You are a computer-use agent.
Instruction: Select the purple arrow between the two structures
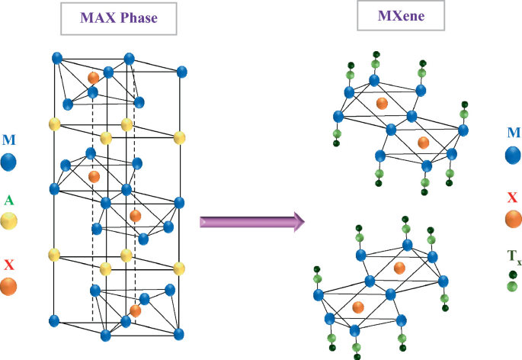(251, 222)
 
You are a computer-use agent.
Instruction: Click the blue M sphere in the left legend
(9, 162)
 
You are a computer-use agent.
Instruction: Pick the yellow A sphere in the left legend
(9, 221)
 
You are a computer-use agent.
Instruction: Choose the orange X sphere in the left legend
(9, 286)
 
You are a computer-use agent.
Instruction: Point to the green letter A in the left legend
(8, 200)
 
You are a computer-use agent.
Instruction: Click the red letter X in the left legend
(8, 265)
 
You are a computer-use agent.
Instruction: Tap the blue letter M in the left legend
(8, 140)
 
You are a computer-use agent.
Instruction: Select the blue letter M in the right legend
(514, 133)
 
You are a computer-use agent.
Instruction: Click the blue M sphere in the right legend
(514, 156)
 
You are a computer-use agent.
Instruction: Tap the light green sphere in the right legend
(513, 287)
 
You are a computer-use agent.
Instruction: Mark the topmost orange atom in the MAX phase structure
(93, 78)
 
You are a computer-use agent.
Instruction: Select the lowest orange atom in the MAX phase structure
(136, 310)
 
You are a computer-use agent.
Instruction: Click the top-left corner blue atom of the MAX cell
(56, 58)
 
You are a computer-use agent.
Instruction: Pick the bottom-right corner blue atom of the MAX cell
(179, 334)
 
